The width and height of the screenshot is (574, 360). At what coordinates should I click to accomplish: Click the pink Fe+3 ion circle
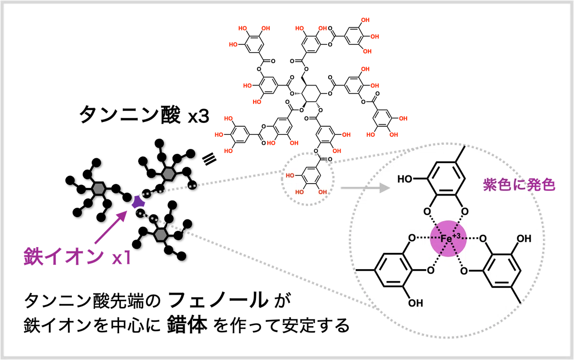[x=448, y=239]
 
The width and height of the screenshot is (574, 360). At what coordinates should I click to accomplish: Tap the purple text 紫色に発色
[x=519, y=185]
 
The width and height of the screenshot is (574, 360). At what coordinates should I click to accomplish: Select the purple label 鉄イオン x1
[x=77, y=257]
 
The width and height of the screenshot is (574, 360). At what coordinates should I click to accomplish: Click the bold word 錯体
[x=187, y=325]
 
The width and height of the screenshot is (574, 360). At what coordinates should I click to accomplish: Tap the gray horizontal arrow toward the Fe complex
[x=365, y=188]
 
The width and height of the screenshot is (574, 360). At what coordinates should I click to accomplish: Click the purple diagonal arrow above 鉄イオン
[x=111, y=227]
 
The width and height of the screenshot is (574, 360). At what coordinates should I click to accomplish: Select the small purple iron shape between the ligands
[x=138, y=202]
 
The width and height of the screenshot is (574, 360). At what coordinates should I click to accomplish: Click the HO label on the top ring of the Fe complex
[x=405, y=179]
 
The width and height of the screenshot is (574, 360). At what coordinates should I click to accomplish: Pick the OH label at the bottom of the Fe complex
[x=415, y=303]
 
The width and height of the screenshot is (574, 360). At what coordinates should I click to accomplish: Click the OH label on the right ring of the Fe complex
[x=524, y=239]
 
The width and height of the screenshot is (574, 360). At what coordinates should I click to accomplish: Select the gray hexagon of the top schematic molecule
[x=168, y=174]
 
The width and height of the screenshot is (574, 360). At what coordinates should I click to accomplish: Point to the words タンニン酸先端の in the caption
[x=92, y=300]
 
